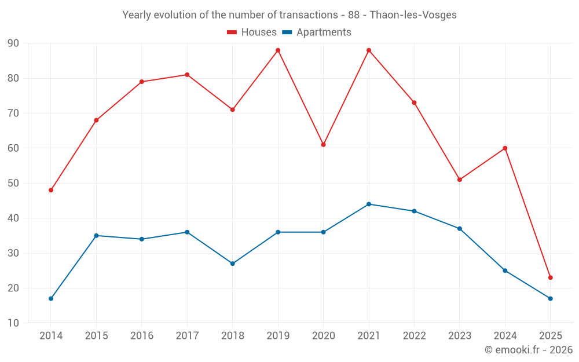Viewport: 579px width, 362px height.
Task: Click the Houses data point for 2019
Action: [278, 50]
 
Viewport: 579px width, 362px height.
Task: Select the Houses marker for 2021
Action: [369, 50]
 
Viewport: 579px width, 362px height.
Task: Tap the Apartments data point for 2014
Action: [51, 298]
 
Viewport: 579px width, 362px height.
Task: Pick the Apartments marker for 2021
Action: [369, 204]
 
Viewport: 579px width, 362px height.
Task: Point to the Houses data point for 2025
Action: [550, 277]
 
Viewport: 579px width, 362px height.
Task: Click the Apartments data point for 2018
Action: [233, 264]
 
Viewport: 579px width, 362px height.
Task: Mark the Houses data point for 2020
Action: [323, 145]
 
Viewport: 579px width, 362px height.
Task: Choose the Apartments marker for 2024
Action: [505, 270]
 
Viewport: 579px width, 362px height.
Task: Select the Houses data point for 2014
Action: [51, 190]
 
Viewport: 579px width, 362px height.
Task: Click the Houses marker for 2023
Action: [460, 180]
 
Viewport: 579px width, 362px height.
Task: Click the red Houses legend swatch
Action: [232, 32]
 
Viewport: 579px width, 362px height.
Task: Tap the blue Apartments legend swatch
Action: [287, 32]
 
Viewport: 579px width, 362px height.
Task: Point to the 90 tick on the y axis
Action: [13, 43]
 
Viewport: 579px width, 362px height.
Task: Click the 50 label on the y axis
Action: [13, 183]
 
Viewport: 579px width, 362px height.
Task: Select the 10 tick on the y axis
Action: [13, 323]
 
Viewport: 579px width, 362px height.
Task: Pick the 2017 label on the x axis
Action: [187, 336]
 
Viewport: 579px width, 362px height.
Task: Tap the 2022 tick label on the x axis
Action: [414, 336]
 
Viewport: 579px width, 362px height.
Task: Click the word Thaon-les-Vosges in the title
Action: [413, 15]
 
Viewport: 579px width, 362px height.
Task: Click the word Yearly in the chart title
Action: [137, 15]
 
